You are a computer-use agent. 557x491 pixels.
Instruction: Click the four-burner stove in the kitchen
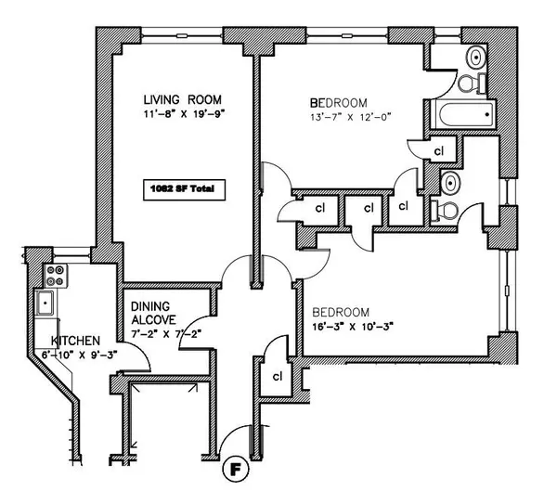[x=55, y=276]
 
